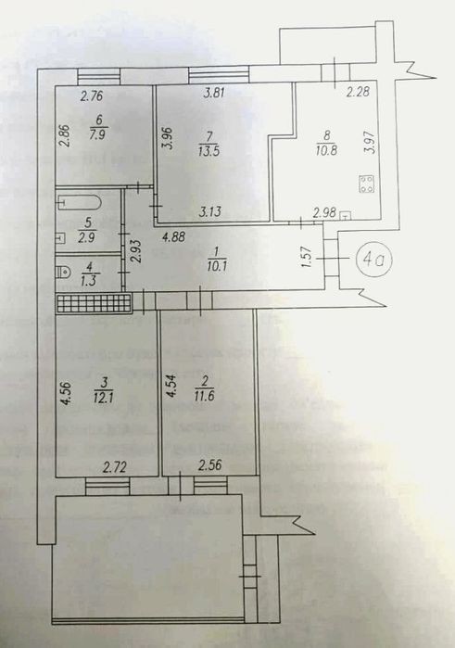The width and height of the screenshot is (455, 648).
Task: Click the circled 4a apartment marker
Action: click(375, 259)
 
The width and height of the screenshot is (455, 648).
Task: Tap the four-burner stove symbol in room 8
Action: click(367, 184)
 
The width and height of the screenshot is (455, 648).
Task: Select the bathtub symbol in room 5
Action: click(79, 202)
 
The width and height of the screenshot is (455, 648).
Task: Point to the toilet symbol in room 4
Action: click(64, 272)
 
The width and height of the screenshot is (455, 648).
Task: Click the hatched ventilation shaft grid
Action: click(94, 303)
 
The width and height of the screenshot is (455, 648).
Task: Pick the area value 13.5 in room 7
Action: click(209, 151)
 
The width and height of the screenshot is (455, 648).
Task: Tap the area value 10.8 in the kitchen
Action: click(326, 149)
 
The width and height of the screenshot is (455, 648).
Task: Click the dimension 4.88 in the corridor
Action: click(173, 237)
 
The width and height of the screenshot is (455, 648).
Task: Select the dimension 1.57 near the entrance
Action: click(306, 257)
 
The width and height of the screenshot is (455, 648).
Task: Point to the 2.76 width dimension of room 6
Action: click(92, 96)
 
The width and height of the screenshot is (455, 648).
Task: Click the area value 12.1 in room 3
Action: click(104, 398)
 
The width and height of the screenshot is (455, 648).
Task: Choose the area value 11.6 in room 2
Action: click(204, 397)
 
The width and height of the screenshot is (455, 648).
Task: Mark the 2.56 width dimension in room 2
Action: click(209, 465)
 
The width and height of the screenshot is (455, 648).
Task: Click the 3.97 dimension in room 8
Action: click(370, 143)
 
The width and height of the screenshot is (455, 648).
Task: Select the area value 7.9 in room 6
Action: click(97, 134)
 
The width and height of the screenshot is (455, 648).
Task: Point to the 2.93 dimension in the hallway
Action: click(137, 251)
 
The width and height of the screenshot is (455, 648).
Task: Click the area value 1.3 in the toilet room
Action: click(88, 281)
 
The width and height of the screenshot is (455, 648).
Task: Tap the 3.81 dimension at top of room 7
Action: click(214, 92)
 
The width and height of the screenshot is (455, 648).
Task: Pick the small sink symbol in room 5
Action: click(60, 238)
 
